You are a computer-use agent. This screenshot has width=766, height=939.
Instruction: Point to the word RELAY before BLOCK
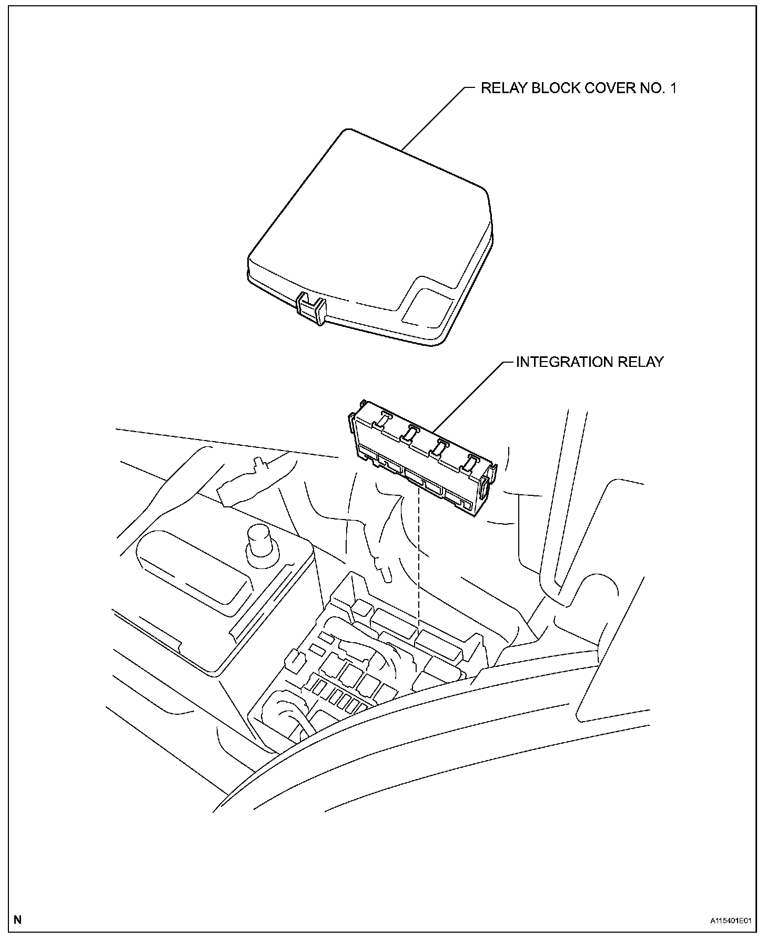504,88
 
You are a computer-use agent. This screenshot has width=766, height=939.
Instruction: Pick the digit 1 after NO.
673,88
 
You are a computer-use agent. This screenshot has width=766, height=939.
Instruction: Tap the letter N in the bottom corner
18,920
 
